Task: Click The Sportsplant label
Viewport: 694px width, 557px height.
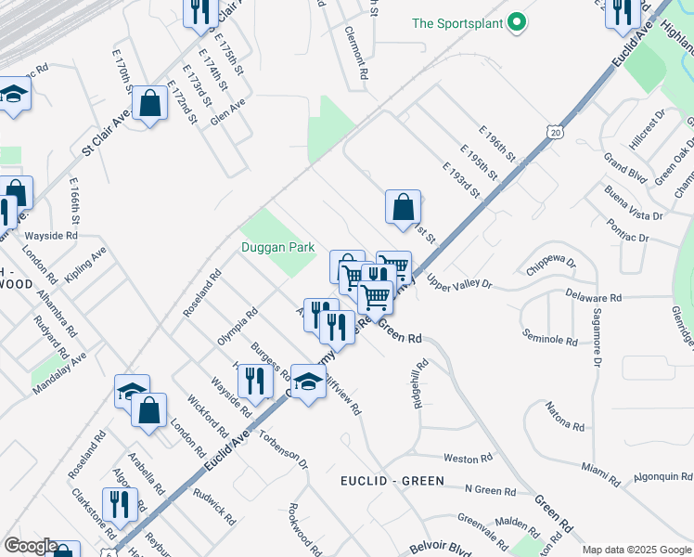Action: coord(458,22)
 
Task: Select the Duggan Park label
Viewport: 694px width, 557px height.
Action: coord(278,247)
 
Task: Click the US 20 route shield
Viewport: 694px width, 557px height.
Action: coord(554,134)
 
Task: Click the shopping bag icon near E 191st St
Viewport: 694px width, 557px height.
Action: coord(403,207)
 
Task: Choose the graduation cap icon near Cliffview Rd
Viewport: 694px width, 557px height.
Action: coord(308,381)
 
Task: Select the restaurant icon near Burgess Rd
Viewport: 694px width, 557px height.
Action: coord(253,380)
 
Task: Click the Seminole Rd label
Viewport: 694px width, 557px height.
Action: coord(550,337)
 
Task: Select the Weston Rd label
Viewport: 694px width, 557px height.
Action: coord(468,458)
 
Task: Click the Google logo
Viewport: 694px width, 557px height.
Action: coord(30,546)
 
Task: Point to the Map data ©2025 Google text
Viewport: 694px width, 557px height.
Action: coord(636,550)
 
